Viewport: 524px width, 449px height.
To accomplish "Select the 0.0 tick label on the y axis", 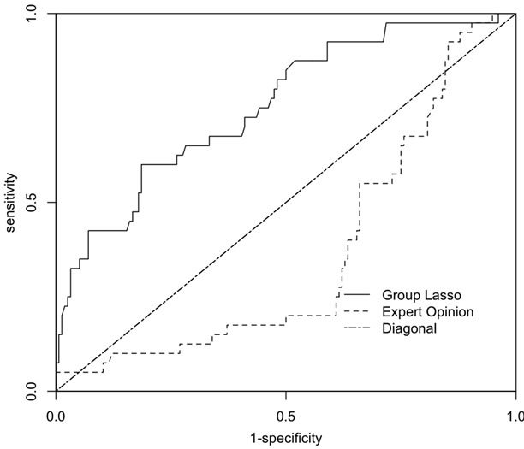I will [33, 391].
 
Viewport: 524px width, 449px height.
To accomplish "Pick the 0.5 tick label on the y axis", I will [33, 203].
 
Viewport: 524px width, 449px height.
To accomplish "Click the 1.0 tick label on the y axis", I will [33, 15].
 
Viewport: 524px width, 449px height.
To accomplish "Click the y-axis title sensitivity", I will [10, 203].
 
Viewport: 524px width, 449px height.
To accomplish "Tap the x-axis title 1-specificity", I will [285, 439].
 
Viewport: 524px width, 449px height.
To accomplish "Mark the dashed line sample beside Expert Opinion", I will [354, 311].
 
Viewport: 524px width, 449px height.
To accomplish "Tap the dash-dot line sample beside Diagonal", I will [354, 328].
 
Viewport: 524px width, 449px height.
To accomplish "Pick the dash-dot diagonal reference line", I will [285, 203].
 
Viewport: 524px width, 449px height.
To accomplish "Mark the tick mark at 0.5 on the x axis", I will [285, 396].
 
